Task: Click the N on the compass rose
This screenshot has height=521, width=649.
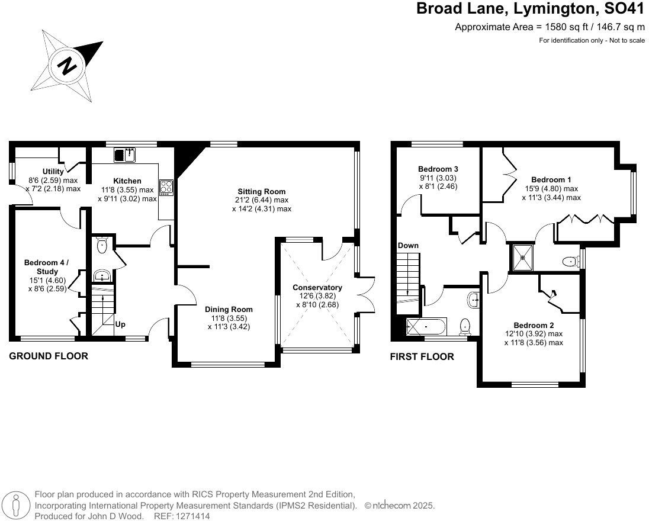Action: pos(67,65)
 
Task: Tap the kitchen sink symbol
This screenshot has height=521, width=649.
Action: pos(125,155)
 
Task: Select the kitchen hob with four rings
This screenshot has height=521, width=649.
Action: pos(166,188)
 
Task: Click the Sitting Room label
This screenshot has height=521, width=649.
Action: pos(262,192)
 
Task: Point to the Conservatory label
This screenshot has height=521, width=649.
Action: pos(317,287)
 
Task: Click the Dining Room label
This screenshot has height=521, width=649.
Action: pos(229,309)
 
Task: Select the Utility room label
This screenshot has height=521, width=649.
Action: pos(53,171)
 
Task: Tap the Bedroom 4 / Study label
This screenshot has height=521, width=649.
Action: pos(47,267)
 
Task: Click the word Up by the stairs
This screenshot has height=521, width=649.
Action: pos(120,324)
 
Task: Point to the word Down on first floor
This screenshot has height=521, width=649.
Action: pos(408,245)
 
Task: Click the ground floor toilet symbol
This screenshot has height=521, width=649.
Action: pos(101,245)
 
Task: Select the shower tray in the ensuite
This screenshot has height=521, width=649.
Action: pos(523,258)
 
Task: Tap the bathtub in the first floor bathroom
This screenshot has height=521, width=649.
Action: pos(426,327)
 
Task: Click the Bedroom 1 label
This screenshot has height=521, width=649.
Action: pos(551,179)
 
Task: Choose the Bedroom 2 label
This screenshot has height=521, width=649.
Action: pos(534,325)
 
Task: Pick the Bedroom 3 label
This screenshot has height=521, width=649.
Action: pos(438,169)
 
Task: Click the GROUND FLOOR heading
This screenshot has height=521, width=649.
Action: pos(49,356)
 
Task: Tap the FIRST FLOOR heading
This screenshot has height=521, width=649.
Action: pos(422,357)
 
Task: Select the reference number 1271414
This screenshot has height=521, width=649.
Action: pos(194,516)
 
